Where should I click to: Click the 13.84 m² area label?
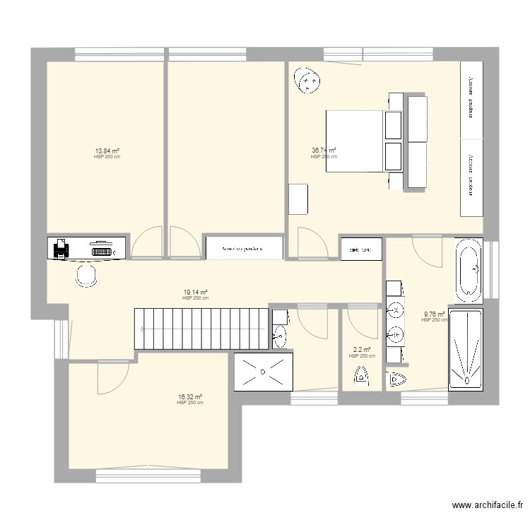(x=107, y=151)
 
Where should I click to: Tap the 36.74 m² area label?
(x=324, y=151)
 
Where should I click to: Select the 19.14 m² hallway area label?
(x=195, y=292)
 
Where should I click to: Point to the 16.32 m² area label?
(x=190, y=397)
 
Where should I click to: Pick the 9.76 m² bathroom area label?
(x=434, y=314)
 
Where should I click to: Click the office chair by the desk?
(x=87, y=276)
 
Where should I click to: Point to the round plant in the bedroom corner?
(x=308, y=82)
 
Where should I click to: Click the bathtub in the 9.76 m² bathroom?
(x=468, y=269)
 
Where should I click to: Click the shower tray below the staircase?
(x=262, y=370)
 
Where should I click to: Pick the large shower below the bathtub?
(x=466, y=349)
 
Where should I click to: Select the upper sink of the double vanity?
(x=396, y=309)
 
